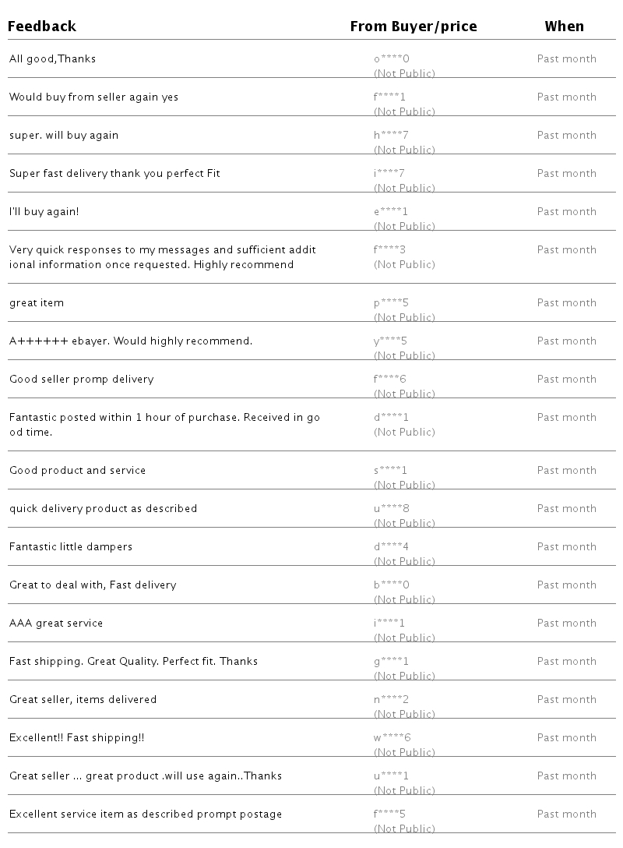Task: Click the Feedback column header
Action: coord(42,26)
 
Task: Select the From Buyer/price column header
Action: coord(414,26)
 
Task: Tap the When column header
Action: coord(564,26)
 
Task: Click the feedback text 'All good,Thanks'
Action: coord(52,59)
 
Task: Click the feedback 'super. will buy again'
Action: coord(64,136)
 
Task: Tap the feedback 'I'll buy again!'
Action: coord(44,212)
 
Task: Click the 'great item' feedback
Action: coord(37,303)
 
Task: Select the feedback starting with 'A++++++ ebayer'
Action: coord(131,341)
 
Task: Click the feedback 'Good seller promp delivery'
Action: coord(81,380)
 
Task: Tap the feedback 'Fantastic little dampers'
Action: coord(71,547)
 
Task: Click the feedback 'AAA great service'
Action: coord(56,624)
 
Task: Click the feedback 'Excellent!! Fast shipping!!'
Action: coord(76,738)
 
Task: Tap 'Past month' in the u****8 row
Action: coord(566,509)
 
